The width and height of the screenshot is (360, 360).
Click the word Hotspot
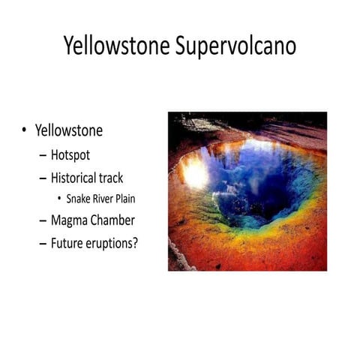(x=73, y=156)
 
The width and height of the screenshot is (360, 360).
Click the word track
(x=126, y=179)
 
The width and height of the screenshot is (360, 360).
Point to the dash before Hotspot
(x=41, y=157)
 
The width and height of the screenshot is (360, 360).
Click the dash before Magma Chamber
(x=41, y=222)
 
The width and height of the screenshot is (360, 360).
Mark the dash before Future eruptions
(x=41, y=244)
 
